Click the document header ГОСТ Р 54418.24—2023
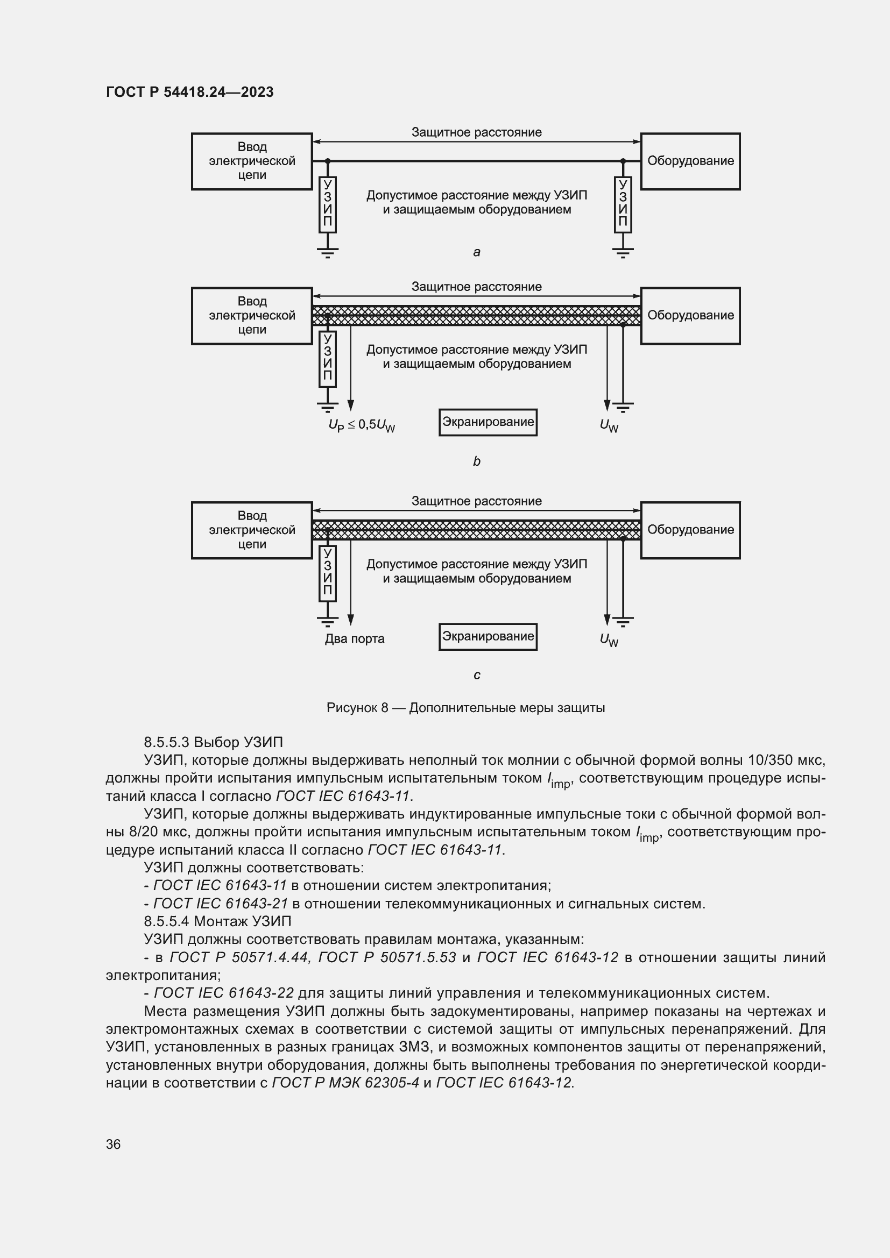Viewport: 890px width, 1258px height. [189, 92]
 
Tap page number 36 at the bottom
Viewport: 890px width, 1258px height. [113, 1144]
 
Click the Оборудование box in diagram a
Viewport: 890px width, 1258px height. [690, 161]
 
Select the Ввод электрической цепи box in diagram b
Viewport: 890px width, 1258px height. [251, 316]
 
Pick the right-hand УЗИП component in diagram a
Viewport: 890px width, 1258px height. [623, 204]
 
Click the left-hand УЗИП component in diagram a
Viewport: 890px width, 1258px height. [327, 204]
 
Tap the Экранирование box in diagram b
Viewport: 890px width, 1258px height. [488, 422]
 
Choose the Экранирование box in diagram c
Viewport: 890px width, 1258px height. [488, 636]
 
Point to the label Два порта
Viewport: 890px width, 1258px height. [355, 639]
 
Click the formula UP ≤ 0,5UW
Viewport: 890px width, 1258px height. [362, 425]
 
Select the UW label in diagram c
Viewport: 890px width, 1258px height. [609, 639]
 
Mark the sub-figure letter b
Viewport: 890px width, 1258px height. [477, 461]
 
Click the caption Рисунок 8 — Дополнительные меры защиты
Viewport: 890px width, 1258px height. [465, 708]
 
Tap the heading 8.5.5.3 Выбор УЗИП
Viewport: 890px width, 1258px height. [213, 742]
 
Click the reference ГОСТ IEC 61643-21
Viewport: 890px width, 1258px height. [220, 904]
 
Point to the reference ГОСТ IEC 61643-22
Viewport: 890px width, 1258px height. [224, 993]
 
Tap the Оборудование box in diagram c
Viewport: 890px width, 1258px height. [690, 530]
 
